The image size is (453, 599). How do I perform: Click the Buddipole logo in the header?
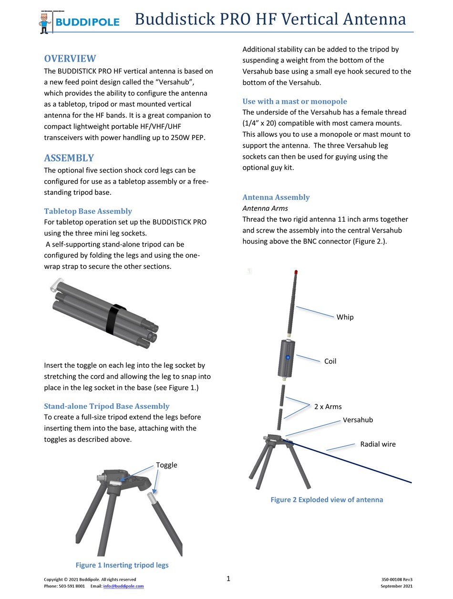[x=79, y=21]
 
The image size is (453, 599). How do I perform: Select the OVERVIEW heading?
[x=70, y=59]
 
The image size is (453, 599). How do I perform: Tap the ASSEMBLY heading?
[x=69, y=158]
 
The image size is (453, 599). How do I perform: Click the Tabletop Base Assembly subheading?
[x=88, y=211]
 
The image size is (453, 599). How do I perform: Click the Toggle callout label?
[x=166, y=465]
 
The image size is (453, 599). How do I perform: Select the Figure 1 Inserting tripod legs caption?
[x=122, y=565]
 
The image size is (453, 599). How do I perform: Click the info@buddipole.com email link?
[x=124, y=586]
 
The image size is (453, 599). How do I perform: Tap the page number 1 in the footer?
[x=228, y=579]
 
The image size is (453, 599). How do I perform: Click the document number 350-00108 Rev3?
[x=397, y=579]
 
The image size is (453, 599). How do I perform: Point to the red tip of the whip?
[x=297, y=272]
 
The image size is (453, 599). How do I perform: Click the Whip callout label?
[x=345, y=317]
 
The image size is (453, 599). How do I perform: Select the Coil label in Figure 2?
[x=330, y=361]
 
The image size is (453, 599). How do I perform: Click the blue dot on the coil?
[x=288, y=357]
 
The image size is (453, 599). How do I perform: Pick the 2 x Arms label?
[x=328, y=406]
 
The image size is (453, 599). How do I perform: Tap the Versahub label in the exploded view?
[x=358, y=420]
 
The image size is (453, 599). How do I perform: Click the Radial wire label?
[x=378, y=444]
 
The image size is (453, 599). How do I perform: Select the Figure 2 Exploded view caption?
[x=327, y=500]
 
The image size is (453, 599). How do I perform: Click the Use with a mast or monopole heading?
[x=295, y=101]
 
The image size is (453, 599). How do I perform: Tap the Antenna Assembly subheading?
[x=276, y=197]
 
